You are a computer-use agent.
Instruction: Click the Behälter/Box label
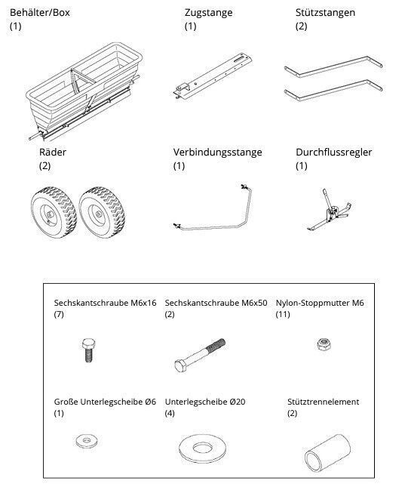coord(39,13)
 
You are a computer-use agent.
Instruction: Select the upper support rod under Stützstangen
coord(333,67)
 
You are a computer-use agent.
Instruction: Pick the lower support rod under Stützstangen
coord(333,91)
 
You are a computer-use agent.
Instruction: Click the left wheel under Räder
coord(54,212)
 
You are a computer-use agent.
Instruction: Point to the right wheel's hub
coord(98,214)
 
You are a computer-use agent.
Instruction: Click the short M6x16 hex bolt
coord(88,350)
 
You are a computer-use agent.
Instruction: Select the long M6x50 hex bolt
coord(200,356)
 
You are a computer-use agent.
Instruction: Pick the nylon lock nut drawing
coord(323,344)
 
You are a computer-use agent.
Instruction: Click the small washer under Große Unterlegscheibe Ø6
coord(90,441)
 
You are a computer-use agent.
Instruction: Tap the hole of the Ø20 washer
coord(203,448)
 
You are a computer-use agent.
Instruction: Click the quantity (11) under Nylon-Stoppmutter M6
coord(283,314)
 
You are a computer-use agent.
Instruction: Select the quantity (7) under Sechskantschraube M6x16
coord(59,314)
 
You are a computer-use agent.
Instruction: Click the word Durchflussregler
coord(333,153)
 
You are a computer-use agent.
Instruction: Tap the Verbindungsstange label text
coord(217,153)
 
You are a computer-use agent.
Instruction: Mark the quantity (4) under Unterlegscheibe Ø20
coord(170,413)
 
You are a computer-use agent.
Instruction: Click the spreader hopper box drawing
coord(84,92)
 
